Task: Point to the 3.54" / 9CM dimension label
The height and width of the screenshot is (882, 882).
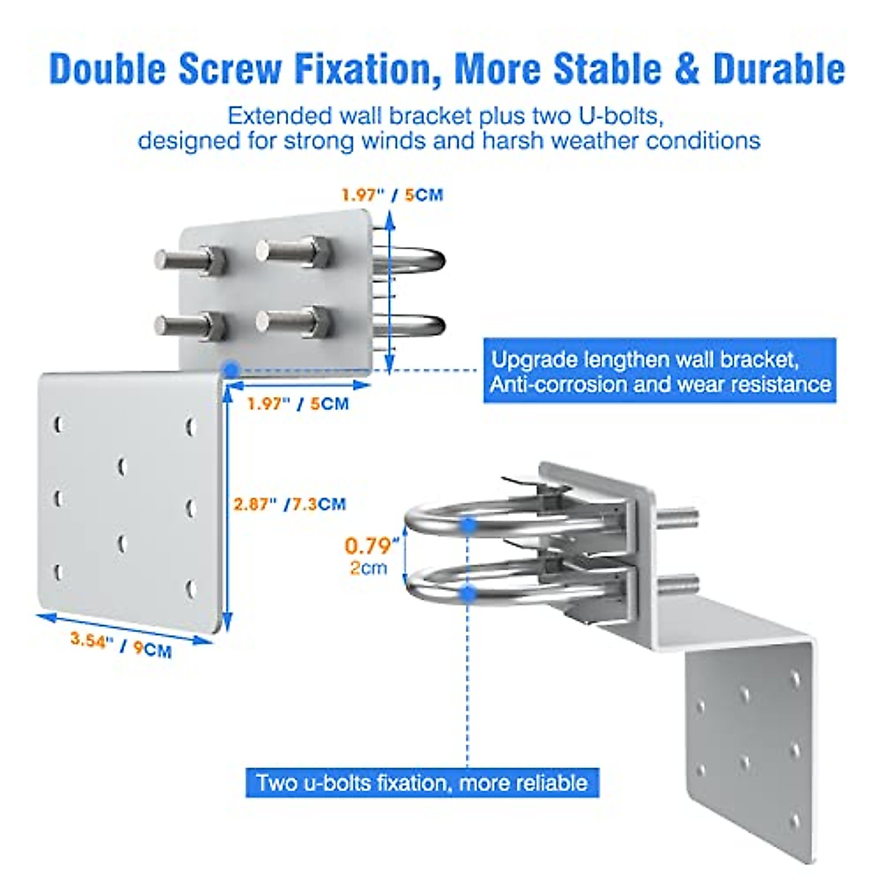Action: (121, 645)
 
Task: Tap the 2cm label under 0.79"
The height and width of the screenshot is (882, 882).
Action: (368, 567)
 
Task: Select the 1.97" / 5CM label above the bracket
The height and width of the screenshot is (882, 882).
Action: (392, 195)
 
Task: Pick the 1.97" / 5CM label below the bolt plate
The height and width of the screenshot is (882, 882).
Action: (298, 404)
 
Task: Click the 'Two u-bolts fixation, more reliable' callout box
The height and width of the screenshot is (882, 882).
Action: (422, 782)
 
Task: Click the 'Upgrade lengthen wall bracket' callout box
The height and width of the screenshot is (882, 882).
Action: (659, 371)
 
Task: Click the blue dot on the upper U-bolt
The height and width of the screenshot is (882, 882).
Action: (468, 525)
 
